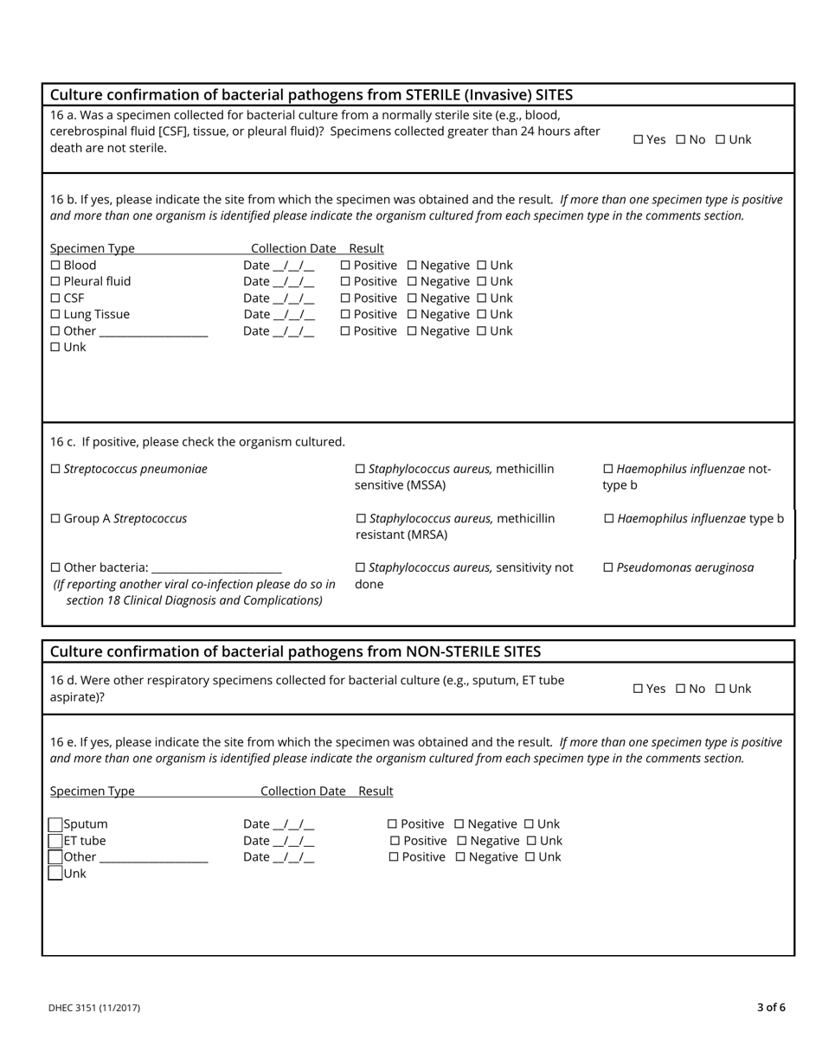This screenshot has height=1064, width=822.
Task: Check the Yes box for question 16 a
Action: [x=639, y=139]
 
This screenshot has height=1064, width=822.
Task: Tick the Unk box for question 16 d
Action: [x=720, y=689]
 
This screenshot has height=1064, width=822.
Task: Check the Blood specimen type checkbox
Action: [x=55, y=266]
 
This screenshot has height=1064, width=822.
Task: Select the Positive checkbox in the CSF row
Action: [x=346, y=298]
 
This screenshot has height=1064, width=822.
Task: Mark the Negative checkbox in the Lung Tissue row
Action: [x=412, y=315]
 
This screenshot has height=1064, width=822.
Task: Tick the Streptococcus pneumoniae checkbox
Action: [x=55, y=469]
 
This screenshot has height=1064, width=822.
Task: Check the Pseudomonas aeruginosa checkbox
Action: [x=607, y=567]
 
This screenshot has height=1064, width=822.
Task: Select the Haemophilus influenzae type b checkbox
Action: [x=608, y=518]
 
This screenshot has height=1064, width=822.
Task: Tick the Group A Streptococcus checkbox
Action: [x=55, y=518]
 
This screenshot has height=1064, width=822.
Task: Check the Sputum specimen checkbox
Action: [x=55, y=824]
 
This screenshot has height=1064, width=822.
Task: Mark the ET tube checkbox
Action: [x=55, y=841]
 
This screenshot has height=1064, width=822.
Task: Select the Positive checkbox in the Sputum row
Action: [x=392, y=824]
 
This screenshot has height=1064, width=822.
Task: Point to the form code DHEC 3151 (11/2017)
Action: [x=94, y=1008]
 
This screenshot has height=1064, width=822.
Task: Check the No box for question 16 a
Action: [x=680, y=139]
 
